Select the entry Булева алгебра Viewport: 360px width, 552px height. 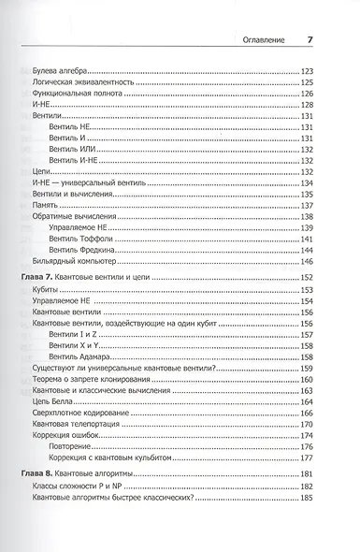click(x=59, y=71)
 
